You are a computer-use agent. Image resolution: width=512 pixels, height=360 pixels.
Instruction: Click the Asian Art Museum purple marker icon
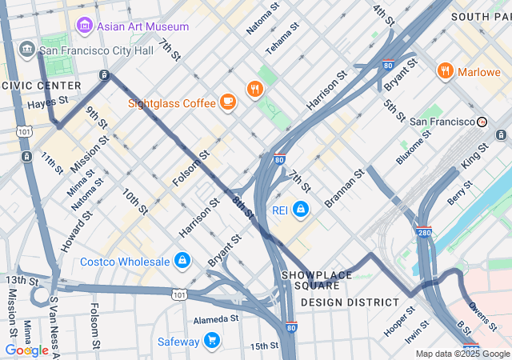click(83, 26)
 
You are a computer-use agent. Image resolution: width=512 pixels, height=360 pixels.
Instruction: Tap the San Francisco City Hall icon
click(27, 50)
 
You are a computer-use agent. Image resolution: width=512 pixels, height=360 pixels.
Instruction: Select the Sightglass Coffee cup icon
click(228, 102)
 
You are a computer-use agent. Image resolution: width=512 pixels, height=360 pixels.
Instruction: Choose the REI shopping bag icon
click(300, 210)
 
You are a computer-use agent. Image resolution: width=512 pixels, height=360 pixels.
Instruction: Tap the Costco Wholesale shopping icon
click(182, 262)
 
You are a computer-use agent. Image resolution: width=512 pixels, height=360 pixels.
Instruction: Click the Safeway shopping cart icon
click(212, 342)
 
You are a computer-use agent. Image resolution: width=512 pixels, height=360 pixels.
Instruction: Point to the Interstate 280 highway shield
click(424, 232)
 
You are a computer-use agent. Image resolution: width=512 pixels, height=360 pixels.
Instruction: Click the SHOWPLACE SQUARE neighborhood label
click(317, 280)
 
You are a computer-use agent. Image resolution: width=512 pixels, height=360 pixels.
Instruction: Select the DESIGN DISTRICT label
click(350, 302)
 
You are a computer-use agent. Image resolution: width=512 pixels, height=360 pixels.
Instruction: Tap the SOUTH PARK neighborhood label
click(480, 16)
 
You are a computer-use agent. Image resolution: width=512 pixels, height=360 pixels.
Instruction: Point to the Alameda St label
click(216, 318)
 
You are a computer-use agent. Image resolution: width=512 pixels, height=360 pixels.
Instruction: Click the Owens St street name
click(482, 315)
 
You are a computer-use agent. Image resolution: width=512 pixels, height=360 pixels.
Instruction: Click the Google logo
click(26, 350)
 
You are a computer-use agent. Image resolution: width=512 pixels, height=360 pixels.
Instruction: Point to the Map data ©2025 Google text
click(462, 354)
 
